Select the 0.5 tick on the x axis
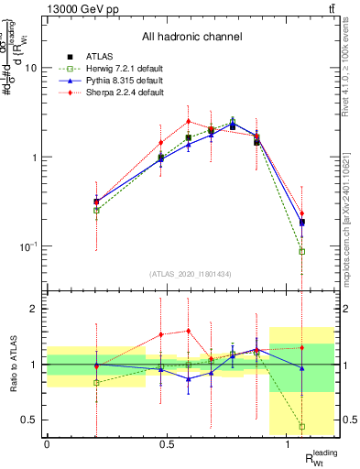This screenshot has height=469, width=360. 167,444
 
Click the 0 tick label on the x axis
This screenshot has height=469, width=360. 47,444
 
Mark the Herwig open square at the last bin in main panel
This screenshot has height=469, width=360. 302,251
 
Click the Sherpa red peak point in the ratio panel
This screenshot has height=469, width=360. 188,331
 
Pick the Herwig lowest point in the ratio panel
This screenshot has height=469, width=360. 302,426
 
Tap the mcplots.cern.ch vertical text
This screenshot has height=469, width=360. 351,211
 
